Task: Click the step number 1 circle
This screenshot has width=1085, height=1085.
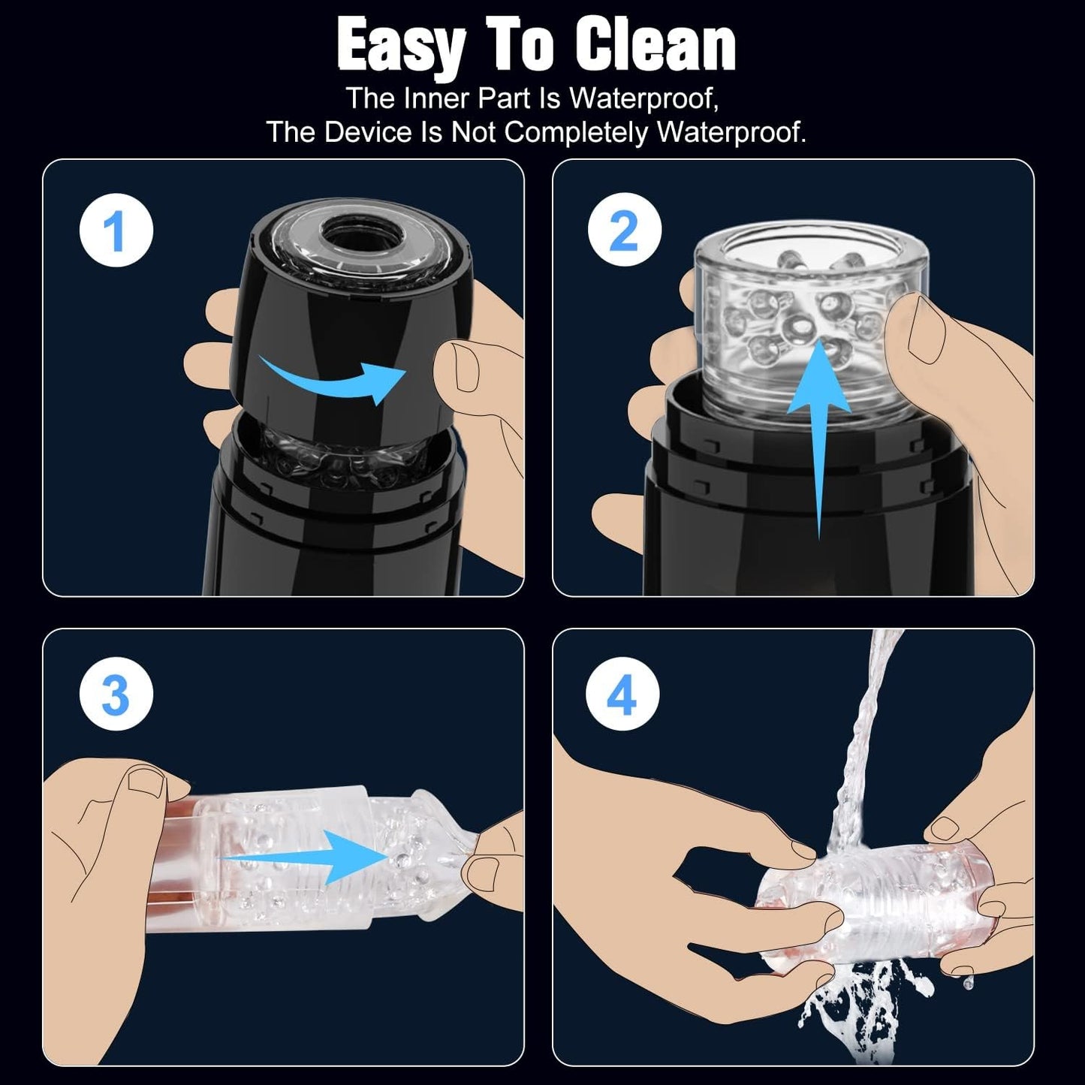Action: tap(116, 230)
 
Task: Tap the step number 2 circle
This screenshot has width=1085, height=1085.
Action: tap(625, 230)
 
